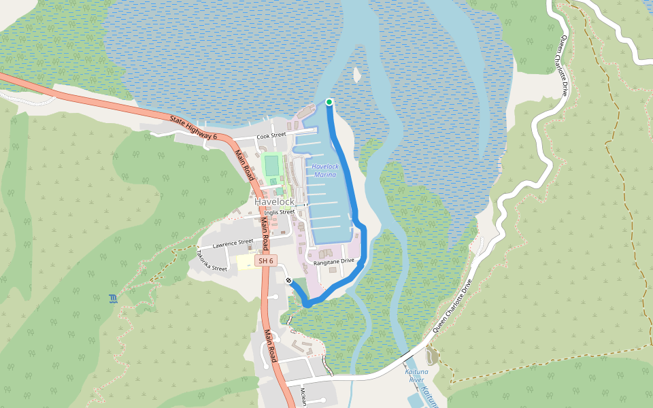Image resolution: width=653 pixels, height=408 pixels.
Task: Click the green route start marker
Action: (329, 102)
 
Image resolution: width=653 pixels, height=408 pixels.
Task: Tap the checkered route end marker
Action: (289, 281)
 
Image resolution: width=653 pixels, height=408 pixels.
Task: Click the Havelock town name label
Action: (274, 202)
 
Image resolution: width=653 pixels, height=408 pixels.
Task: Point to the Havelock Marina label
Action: (325, 171)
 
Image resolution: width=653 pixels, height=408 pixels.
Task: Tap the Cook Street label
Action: (271, 137)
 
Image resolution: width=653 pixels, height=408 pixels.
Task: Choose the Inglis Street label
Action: (279, 212)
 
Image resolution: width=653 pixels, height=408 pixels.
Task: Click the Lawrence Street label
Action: (233, 243)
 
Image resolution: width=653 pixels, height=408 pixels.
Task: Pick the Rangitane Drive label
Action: (334, 261)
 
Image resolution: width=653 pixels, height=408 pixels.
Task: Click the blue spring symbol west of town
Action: (112, 299)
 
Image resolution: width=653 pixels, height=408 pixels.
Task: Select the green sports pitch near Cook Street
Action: (272, 165)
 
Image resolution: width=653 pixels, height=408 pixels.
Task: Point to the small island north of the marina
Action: (356, 73)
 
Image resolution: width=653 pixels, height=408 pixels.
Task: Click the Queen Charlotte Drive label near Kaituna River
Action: (451, 307)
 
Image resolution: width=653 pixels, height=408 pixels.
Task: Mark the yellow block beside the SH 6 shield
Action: (246, 262)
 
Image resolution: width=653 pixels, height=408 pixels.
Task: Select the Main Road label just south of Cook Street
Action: (242, 163)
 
